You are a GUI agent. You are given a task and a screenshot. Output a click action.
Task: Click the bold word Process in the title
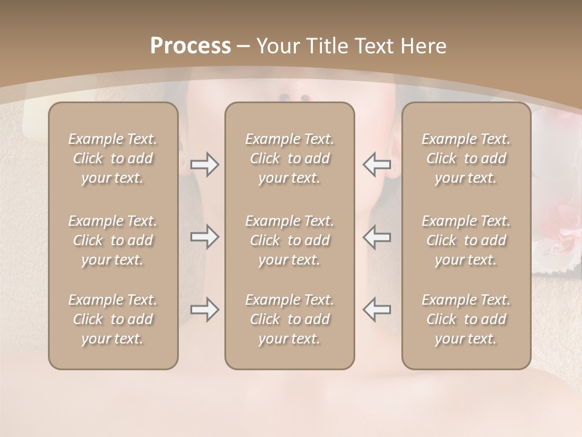click(190, 46)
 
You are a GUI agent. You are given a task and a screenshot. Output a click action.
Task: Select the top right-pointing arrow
click(204, 164)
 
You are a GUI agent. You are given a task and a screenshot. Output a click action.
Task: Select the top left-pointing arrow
click(377, 164)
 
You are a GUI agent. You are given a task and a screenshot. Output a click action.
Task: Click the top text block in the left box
click(113, 158)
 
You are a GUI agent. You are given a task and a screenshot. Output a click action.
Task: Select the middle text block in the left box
click(113, 240)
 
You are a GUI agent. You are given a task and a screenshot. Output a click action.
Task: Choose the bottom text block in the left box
click(113, 319)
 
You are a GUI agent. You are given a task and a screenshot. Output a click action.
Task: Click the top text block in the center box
click(289, 158)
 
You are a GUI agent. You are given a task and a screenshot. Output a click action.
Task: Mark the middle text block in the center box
click(289, 240)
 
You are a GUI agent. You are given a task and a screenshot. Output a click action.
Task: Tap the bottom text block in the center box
click(289, 319)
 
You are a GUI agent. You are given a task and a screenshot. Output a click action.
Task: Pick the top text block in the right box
click(466, 158)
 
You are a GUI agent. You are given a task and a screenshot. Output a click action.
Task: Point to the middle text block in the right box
click(466, 240)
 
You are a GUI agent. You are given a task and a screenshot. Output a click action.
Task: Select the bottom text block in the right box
click(466, 319)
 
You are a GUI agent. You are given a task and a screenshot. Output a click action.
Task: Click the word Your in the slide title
click(276, 46)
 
